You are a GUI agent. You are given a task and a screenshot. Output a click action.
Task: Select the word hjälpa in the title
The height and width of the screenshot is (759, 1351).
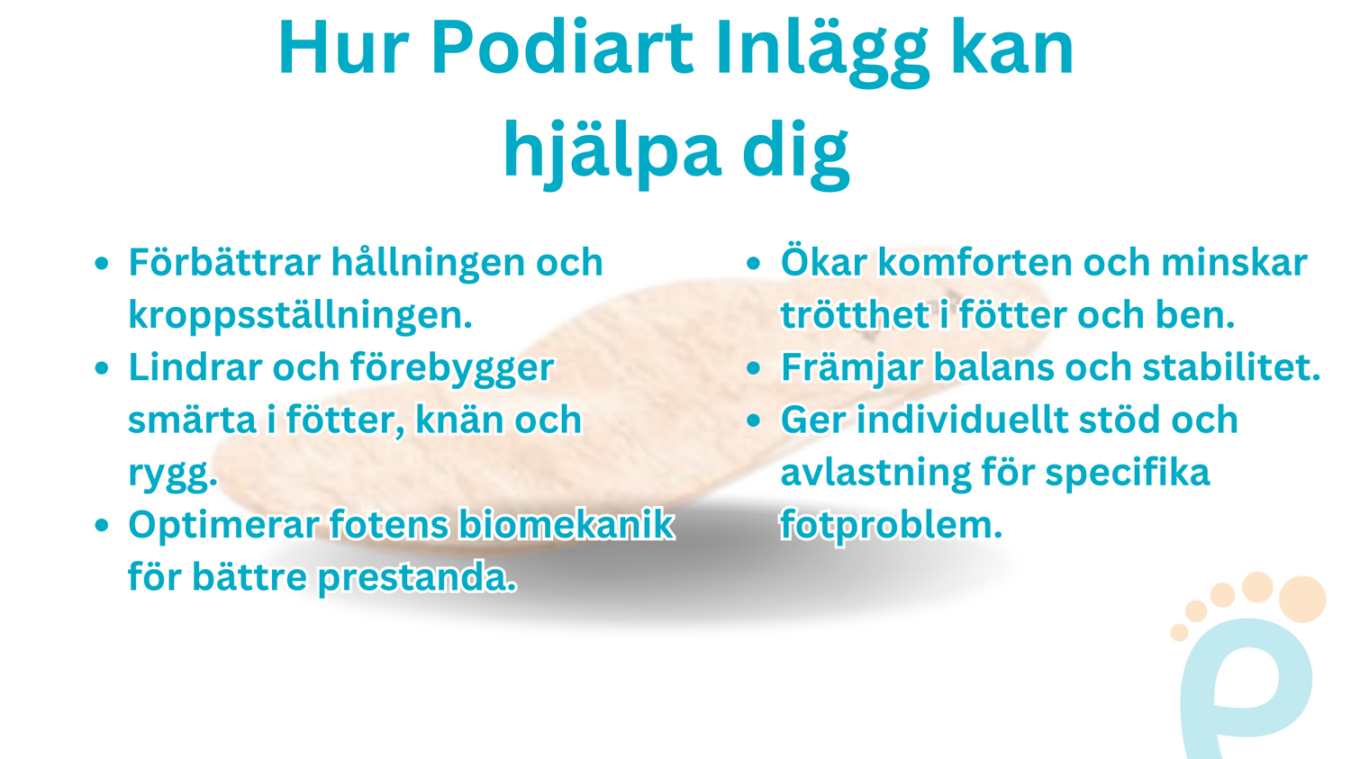(x=612, y=151)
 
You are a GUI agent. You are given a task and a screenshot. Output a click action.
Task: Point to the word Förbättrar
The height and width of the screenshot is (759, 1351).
(x=224, y=263)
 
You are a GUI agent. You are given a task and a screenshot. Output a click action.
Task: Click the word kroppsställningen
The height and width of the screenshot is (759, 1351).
(x=300, y=315)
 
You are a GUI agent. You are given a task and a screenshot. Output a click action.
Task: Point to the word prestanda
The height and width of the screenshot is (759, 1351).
(x=417, y=577)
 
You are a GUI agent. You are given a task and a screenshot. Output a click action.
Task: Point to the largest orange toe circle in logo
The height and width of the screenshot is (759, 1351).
(x=1301, y=600)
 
